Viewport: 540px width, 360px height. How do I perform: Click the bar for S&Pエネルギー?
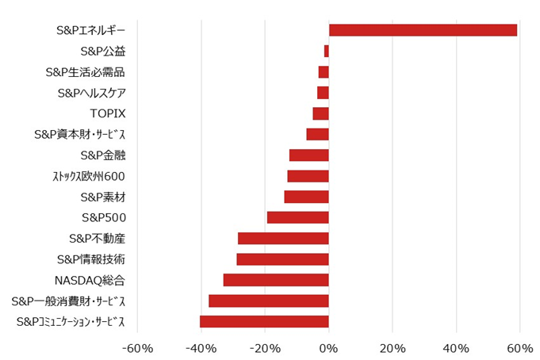click(423, 30)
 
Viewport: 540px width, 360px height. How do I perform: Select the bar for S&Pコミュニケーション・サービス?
click(264, 321)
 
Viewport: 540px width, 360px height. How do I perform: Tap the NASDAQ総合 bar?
click(276, 280)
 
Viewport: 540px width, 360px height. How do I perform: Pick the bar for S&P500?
click(298, 217)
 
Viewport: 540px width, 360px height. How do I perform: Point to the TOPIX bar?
click(321, 113)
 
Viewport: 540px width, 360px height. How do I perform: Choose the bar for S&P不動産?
click(283, 238)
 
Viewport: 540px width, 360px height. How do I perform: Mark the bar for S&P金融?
click(309, 155)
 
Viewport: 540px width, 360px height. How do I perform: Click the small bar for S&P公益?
click(327, 52)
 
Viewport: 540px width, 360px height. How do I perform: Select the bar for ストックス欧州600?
click(308, 176)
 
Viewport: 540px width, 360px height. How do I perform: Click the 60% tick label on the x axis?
click(519, 348)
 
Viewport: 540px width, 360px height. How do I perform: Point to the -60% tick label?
click(136, 348)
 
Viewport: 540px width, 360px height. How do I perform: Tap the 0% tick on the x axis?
click(328, 348)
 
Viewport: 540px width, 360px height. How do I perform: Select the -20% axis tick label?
click(264, 348)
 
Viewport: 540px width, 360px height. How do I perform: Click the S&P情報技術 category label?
click(91, 259)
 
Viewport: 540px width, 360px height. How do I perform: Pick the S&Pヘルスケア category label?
click(91, 93)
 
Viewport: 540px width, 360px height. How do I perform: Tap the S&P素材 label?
click(102, 197)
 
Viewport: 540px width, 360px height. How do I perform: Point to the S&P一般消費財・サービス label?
click(68, 301)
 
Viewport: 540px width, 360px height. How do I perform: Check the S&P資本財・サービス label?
click(79, 135)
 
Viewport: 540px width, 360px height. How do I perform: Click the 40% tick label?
click(456, 348)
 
